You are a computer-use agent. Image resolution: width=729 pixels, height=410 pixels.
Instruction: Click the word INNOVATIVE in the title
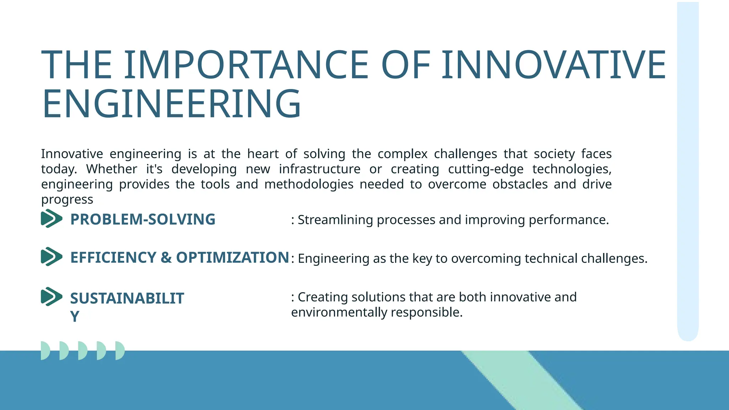[x=554, y=65]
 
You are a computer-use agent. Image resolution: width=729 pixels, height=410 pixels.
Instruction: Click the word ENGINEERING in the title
[x=172, y=104]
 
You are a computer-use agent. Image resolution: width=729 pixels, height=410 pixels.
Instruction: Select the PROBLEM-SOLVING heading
[x=143, y=219]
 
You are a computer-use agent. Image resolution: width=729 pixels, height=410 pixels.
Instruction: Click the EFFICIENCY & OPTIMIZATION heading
[x=179, y=257]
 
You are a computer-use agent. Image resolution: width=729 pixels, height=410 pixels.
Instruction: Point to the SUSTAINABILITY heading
[x=127, y=299]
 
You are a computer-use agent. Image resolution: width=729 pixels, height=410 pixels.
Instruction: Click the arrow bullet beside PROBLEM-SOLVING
[x=51, y=219]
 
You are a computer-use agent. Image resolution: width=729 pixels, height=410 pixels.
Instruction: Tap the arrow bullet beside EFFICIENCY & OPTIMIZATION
[x=51, y=257]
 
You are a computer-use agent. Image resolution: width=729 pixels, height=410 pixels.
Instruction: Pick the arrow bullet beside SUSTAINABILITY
[x=51, y=296]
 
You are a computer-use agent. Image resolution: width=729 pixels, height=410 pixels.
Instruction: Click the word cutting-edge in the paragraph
[x=486, y=169]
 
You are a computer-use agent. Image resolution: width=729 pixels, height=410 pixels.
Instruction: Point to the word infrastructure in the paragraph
[x=319, y=169]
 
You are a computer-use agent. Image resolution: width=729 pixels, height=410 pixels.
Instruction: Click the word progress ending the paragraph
[x=67, y=200]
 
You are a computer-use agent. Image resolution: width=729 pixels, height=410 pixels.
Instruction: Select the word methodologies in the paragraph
[x=309, y=184]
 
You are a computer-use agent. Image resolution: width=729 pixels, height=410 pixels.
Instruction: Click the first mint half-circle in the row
[x=45, y=351]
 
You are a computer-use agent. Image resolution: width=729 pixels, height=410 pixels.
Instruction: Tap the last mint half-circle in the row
[x=120, y=351]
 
